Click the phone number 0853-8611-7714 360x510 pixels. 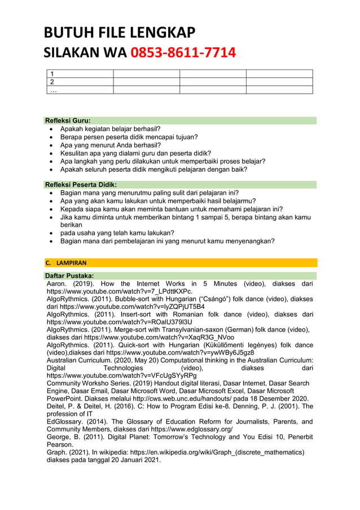(x=183, y=53)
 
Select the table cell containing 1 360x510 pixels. (x=80, y=73)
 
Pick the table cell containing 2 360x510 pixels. (x=80, y=81)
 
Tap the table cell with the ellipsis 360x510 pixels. (x=80, y=89)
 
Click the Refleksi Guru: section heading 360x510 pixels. (x=68, y=120)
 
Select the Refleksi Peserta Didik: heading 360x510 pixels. (x=81, y=184)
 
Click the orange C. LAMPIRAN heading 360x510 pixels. (x=65, y=263)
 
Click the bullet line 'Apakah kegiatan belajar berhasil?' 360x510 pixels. (x=111, y=129)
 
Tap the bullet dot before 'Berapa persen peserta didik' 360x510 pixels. (x=52, y=137)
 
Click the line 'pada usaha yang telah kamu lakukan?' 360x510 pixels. (x=117, y=233)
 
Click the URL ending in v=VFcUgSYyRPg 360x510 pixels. (x=121, y=375)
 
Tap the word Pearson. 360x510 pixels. (x=60, y=444)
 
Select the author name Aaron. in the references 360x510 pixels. (x=57, y=284)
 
